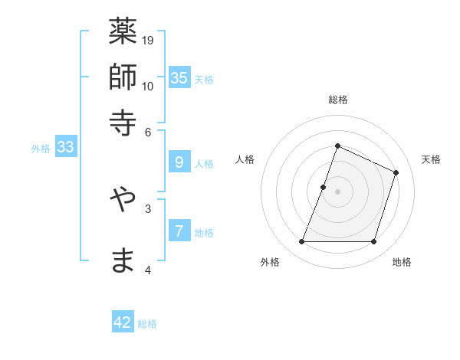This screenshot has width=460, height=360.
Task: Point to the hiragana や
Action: (123, 198)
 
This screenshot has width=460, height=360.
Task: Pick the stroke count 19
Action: (148, 41)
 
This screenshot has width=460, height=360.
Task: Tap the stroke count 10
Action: (148, 86)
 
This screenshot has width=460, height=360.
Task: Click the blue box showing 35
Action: (179, 78)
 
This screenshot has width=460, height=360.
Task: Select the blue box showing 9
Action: (179, 162)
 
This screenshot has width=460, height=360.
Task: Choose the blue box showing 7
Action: (179, 231)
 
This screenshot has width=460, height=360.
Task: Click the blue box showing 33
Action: (65, 148)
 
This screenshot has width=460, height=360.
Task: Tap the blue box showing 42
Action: (123, 322)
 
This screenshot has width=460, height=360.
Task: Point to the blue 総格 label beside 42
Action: (148, 324)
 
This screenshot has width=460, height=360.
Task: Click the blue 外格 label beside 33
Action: (41, 149)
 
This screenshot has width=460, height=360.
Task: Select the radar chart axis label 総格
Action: (337, 100)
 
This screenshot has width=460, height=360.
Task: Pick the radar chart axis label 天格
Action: (431, 159)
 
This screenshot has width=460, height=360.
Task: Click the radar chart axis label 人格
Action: (245, 159)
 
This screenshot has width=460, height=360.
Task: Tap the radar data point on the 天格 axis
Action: (396, 172)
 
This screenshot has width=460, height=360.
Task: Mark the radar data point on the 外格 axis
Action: (301, 242)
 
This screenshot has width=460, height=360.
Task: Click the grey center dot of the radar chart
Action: (337, 191)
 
